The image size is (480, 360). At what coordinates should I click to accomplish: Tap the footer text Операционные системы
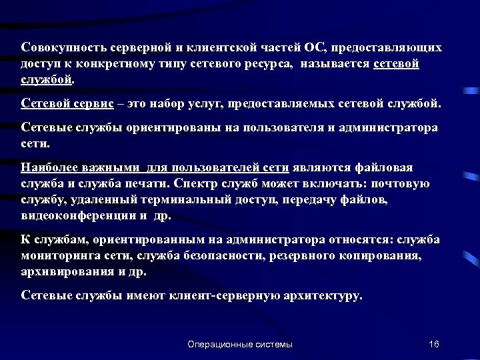click(x=240, y=344)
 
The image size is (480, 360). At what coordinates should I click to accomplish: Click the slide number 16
click(x=434, y=344)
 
